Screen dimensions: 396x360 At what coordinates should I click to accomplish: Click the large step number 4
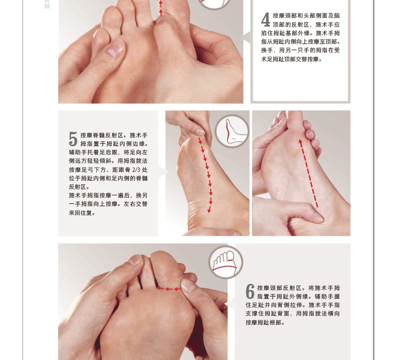point(266,20)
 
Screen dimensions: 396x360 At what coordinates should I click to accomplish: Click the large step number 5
point(73,139)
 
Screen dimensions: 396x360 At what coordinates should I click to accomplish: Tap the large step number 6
point(250,291)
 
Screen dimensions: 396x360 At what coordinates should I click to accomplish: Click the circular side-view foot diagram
point(232,131)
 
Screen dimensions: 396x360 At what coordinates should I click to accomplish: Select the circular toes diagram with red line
point(226,262)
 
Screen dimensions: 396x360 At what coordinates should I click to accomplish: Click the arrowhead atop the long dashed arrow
point(300,142)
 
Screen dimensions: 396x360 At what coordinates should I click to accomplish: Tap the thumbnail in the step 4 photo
point(116,48)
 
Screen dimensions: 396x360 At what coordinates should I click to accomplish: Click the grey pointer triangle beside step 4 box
point(246,38)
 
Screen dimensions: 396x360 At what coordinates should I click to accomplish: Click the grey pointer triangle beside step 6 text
point(230,303)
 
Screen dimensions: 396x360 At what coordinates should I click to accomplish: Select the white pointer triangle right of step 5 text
point(163,172)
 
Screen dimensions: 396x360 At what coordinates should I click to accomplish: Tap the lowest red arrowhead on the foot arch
point(210,210)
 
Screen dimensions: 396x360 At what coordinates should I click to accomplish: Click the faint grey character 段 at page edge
point(47,6)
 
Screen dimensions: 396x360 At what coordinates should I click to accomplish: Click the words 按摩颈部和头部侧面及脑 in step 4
point(306,16)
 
